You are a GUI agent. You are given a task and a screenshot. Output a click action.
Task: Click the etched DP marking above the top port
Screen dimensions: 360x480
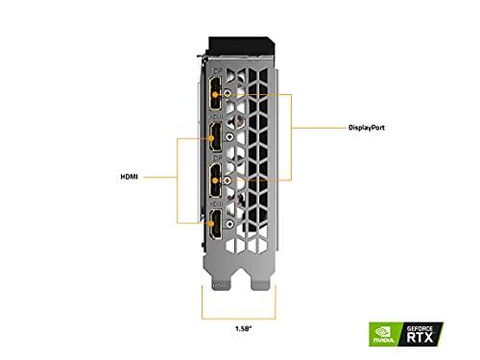click(x=218, y=71)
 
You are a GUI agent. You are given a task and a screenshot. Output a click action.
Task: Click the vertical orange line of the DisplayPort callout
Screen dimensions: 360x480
click(x=294, y=126)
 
